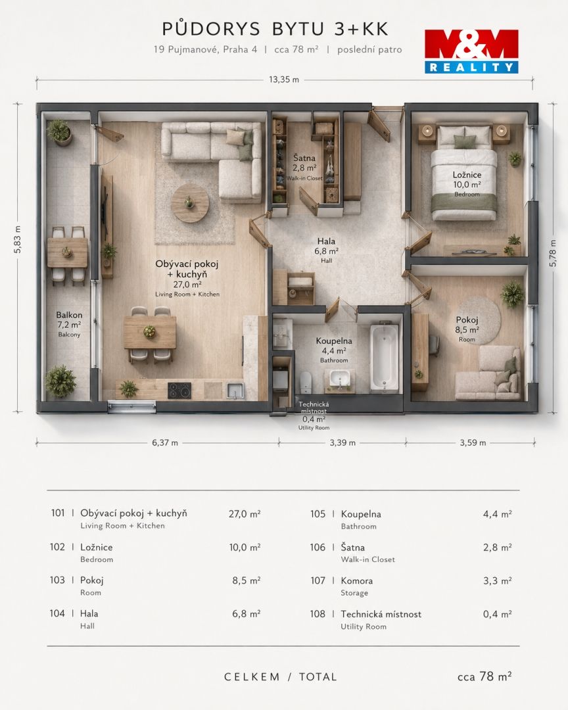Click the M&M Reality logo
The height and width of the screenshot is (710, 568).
pyautogui.click(x=471, y=51)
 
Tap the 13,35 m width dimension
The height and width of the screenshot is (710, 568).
pyautogui.click(x=284, y=80)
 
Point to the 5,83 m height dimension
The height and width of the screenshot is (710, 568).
pyautogui.click(x=17, y=239)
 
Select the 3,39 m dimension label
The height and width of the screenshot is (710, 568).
pyautogui.click(x=343, y=443)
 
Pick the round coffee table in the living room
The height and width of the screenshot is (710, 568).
pyautogui.click(x=190, y=203)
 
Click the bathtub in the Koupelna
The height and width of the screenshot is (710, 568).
pyautogui.click(x=384, y=357)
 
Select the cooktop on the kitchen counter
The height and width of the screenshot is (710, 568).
pyautogui.click(x=179, y=390)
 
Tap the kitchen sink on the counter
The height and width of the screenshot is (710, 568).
pyautogui.click(x=235, y=390)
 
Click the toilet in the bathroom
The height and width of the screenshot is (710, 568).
pyautogui.click(x=306, y=383)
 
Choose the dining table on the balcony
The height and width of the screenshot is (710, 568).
pyautogui.click(x=68, y=252)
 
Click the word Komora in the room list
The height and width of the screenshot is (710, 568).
pyautogui.click(x=356, y=580)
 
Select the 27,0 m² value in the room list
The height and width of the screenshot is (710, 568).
pyautogui.click(x=245, y=514)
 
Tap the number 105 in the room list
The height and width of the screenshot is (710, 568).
pyautogui.click(x=318, y=514)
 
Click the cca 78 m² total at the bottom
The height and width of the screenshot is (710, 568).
pyautogui.click(x=485, y=676)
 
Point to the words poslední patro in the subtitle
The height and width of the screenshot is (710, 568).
pyautogui.click(x=369, y=49)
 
